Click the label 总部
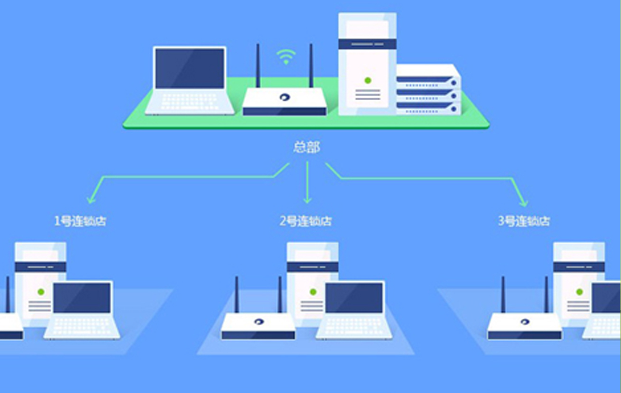[x=306, y=147]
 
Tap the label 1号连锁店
[x=80, y=221]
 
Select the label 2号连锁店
[x=306, y=221]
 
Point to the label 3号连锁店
[x=524, y=221]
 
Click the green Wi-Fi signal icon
[x=286, y=57]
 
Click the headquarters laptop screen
[x=190, y=68]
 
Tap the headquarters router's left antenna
[x=258, y=66]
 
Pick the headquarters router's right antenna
[x=311, y=66]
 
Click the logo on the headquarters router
[x=284, y=98]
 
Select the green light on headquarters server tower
[x=367, y=81]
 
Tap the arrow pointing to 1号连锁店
[x=90, y=197]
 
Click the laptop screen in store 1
[x=82, y=298]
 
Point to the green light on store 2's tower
[x=313, y=292]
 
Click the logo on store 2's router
[x=259, y=321]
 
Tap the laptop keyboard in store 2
[x=353, y=325]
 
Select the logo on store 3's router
[x=525, y=321]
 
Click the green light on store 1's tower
[x=41, y=292]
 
